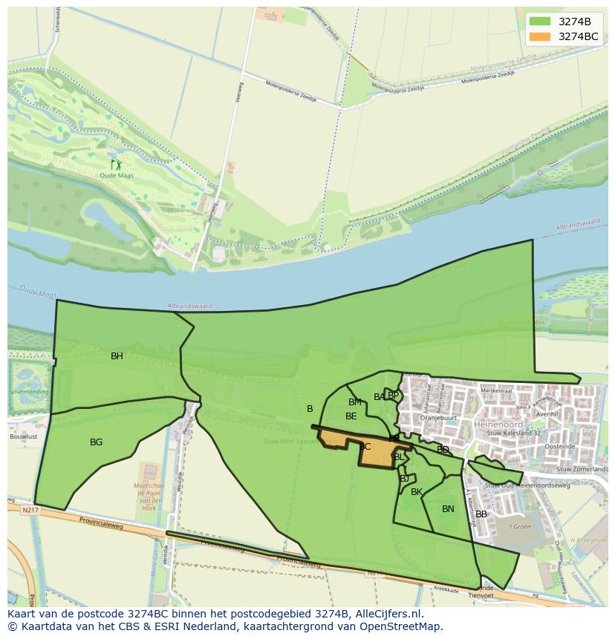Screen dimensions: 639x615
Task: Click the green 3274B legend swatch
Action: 539,22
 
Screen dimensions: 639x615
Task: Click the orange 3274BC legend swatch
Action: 539,36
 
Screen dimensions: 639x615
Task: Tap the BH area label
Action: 117,356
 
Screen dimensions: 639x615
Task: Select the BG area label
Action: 96,442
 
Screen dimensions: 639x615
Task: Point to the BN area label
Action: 448,509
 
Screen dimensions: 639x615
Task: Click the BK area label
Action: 417,492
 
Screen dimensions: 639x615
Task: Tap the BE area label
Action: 351,416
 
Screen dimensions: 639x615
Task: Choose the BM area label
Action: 355,402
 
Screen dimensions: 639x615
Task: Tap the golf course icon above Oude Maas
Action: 116,165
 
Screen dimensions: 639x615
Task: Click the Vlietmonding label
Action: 30,392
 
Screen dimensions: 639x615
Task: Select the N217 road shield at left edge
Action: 30,510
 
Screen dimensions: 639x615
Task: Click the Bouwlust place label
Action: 24,437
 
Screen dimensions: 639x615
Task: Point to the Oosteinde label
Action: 560,447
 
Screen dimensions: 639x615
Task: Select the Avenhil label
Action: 547,415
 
